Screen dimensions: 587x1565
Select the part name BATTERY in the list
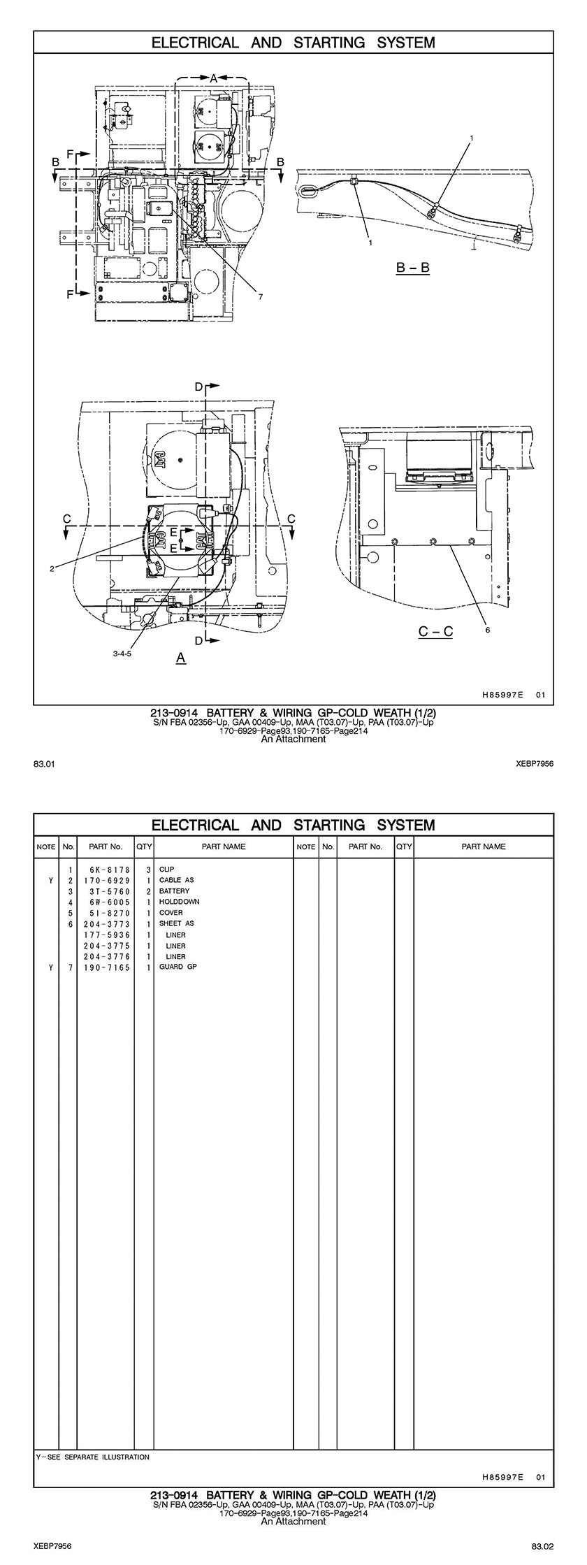[174, 891]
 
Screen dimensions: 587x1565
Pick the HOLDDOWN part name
[179, 902]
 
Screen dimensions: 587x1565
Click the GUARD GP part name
[178, 967]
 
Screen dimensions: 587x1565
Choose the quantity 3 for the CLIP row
[149, 870]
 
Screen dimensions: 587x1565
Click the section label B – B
[412, 268]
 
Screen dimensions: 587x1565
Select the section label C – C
[435, 632]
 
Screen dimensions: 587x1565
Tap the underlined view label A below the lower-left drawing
[181, 658]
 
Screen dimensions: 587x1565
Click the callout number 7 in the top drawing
[259, 297]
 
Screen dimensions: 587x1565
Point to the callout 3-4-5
[122, 654]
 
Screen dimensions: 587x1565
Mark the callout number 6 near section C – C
[487, 630]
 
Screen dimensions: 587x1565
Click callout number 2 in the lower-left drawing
[52, 569]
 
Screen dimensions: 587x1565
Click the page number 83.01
[43, 764]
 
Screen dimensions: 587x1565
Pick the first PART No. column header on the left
[106, 846]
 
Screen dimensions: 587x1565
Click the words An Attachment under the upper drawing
[293, 739]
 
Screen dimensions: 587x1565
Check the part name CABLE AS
[177, 880]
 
